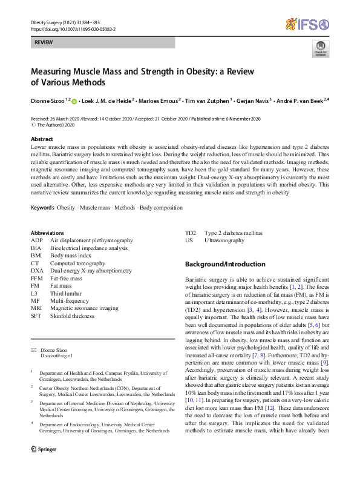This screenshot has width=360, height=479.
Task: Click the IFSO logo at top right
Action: click(307, 24)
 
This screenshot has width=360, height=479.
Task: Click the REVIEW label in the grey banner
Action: click(44, 42)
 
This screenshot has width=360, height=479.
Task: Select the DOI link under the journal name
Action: click(73, 28)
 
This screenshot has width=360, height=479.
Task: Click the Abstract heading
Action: click(42, 139)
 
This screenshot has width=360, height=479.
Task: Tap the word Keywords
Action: click(42, 208)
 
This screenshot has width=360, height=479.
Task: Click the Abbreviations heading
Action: click(51, 233)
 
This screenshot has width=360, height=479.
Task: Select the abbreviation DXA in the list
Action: click(38, 271)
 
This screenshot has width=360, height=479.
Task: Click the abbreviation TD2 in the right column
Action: click(191, 233)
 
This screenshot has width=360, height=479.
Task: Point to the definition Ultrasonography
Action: click(224, 240)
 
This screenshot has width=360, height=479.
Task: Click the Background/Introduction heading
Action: click(224, 264)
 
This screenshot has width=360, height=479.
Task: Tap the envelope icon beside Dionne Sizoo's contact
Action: click(33, 351)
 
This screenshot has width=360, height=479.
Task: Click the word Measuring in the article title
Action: click(57, 71)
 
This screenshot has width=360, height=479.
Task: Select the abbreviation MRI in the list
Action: click(37, 308)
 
